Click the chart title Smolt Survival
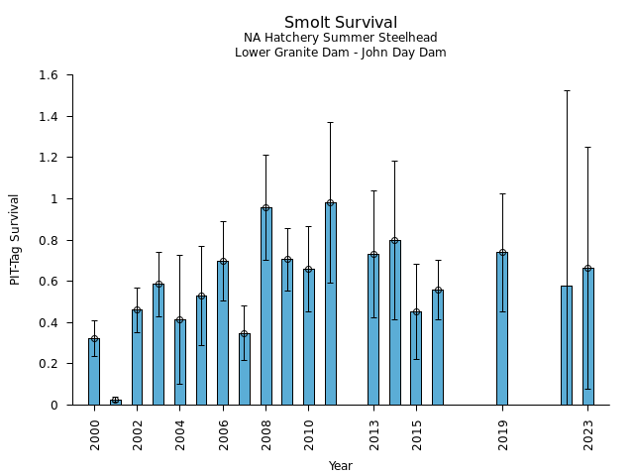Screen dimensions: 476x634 (341, 23)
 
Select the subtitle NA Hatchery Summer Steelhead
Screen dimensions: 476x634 (341, 38)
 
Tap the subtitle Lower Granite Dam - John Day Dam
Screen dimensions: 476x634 (341, 53)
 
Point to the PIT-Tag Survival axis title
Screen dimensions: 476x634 (15, 240)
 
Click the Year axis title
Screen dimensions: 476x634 (341, 466)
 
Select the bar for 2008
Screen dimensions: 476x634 (265, 306)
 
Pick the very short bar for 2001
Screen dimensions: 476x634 (116, 402)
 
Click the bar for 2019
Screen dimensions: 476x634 (502, 328)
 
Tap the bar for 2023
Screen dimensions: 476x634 (587, 336)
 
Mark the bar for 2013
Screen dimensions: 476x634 (373, 329)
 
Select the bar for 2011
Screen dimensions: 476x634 (330, 303)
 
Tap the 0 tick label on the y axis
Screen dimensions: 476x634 (53, 405)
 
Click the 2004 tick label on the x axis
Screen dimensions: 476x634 (180, 434)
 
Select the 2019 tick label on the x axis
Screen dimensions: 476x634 (502, 434)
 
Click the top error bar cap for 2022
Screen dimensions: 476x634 (567, 90)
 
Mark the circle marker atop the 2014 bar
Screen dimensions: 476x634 (394, 241)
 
